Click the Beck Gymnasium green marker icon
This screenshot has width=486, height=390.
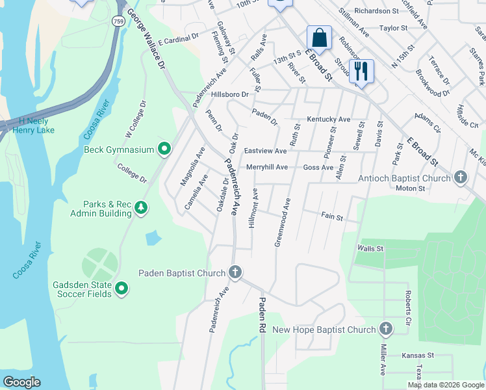(164, 149)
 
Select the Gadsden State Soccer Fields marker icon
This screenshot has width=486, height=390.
(122, 287)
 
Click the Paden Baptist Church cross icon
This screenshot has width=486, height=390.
(235, 273)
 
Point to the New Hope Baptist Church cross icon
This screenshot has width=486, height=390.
(386, 330)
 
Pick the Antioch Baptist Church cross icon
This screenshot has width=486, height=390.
(460, 177)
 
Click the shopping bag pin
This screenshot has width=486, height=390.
(319, 38)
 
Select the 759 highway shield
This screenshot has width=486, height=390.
(118, 21)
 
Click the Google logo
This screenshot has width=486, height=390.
(21, 382)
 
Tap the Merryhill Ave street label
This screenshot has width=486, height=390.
(266, 167)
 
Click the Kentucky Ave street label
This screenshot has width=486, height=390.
(329, 120)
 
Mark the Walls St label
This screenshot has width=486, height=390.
(370, 248)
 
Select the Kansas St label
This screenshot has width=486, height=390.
(417, 356)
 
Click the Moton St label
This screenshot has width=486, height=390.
(411, 188)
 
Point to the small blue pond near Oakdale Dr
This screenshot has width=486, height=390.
(151, 238)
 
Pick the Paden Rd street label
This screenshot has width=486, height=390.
(262, 316)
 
